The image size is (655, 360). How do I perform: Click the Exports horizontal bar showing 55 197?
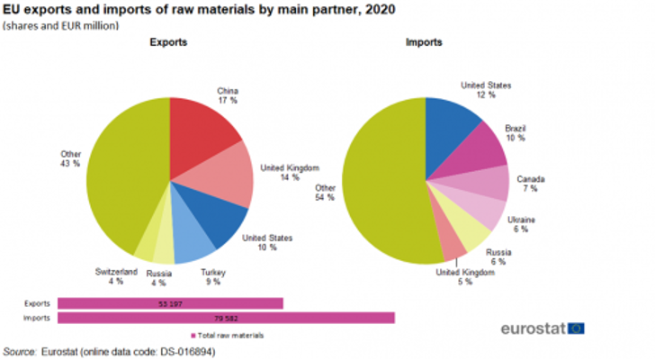coord(170,303)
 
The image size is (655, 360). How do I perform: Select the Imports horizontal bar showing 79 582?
coord(226,318)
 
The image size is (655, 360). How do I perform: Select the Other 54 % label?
coord(325,192)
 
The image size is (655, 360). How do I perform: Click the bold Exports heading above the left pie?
coord(166,42)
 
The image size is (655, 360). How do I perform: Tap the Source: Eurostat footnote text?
coord(108,352)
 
